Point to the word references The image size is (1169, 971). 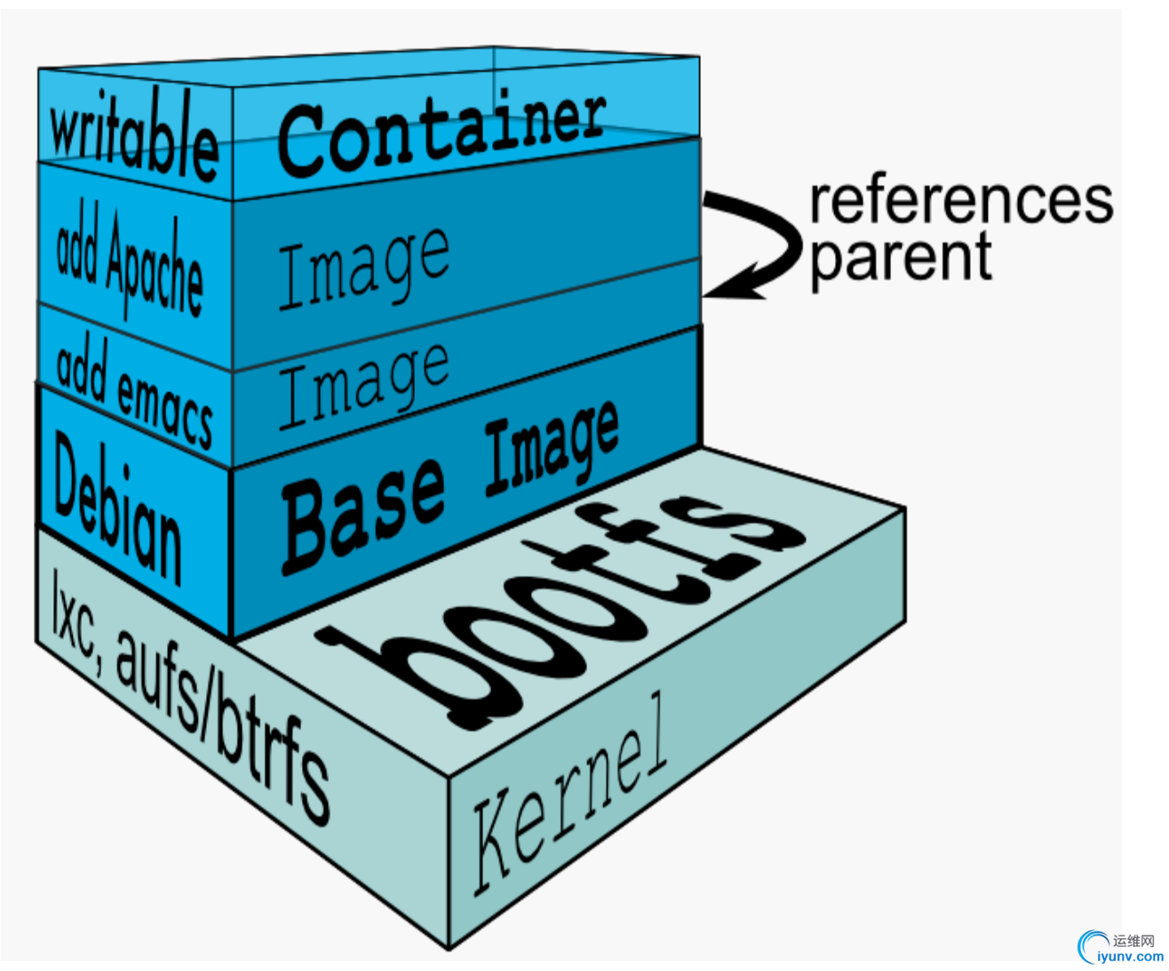pyautogui.click(x=960, y=200)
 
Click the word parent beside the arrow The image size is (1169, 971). pyautogui.click(x=901, y=257)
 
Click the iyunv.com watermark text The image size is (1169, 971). pyautogui.click(x=1130, y=957)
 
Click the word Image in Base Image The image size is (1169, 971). pyautogui.click(x=551, y=450)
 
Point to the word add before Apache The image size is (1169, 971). pyautogui.click(x=76, y=248)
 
